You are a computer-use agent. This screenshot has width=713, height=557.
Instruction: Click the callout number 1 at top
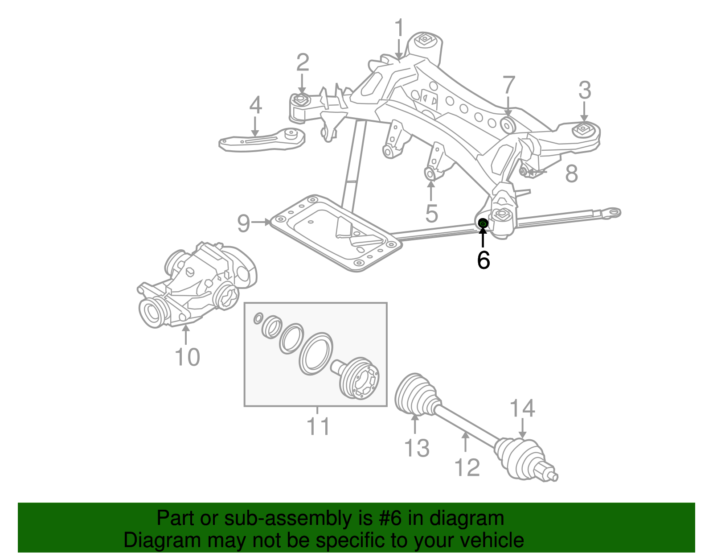399,29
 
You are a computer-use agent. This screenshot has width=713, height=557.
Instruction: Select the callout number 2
303,63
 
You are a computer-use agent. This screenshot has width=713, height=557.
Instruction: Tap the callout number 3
585,91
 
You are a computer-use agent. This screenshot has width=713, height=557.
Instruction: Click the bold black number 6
483,260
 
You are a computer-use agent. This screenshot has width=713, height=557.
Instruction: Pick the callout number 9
243,223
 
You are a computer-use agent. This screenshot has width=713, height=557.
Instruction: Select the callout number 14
522,408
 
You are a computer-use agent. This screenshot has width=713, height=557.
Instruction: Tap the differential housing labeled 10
196,285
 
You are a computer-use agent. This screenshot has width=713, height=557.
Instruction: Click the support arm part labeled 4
263,140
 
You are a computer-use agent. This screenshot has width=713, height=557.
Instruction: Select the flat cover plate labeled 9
334,234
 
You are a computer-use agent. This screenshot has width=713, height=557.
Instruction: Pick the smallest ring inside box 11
258,319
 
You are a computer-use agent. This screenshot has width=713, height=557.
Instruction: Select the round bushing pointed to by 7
508,125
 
